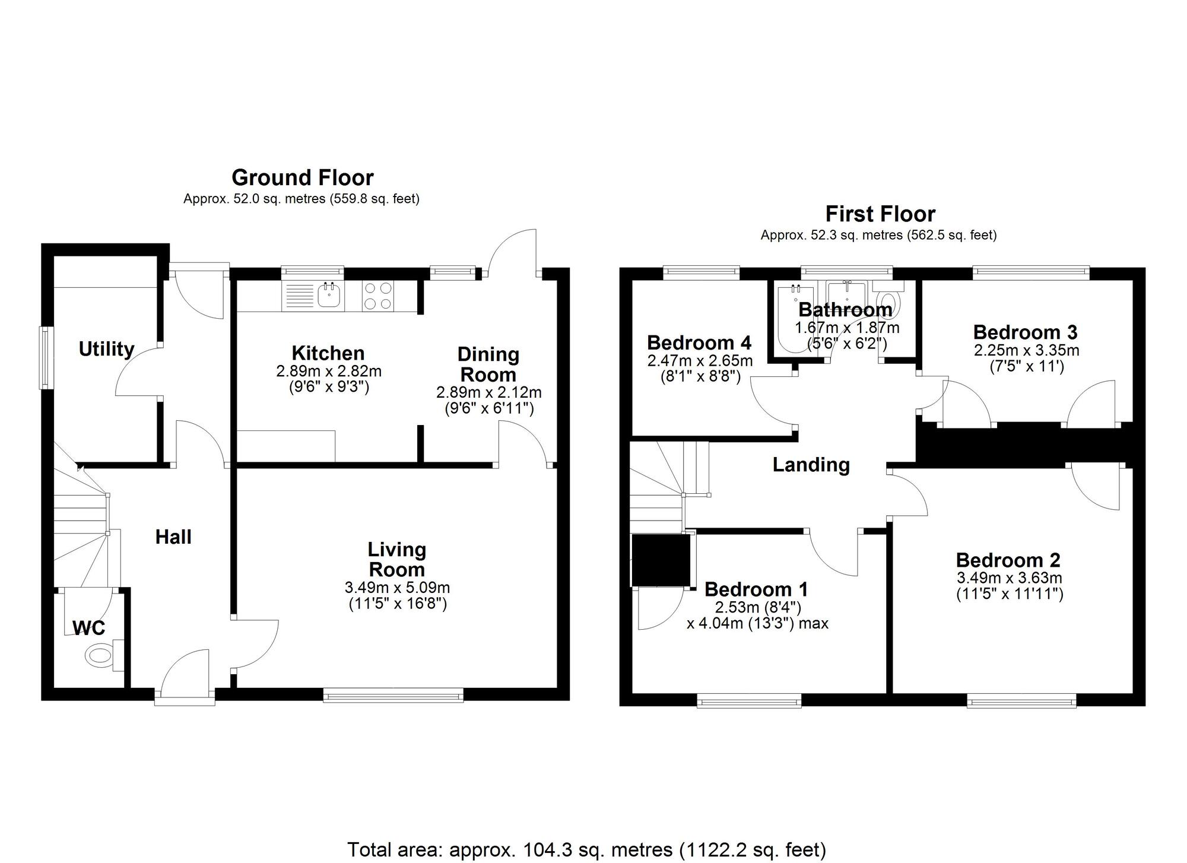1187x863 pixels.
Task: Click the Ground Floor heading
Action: pos(302,177)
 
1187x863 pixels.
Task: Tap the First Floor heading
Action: pos(880,214)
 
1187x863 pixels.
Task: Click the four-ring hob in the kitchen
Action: pos(378,296)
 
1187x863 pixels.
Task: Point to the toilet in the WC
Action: pos(101,656)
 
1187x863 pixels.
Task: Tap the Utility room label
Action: pos(106,349)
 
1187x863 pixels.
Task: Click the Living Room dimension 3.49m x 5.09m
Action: pos(397,588)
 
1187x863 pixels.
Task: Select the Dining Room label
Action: pos(488,364)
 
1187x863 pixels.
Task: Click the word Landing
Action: pos(811,465)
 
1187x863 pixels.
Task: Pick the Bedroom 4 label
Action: pos(699,342)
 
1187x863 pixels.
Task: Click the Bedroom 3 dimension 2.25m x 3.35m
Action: pos(1026,350)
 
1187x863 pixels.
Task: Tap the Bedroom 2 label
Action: pos(1008,560)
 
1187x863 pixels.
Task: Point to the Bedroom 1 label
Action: pos(756,589)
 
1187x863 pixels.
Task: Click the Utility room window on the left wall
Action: pos(45,357)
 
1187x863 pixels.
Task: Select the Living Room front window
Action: pos(393,696)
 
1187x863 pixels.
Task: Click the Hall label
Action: pos(173,537)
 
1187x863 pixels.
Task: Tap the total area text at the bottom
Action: pos(586,850)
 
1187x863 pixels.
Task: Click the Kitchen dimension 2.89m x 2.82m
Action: pos(328,372)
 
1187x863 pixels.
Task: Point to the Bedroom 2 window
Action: pos(1021,702)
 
